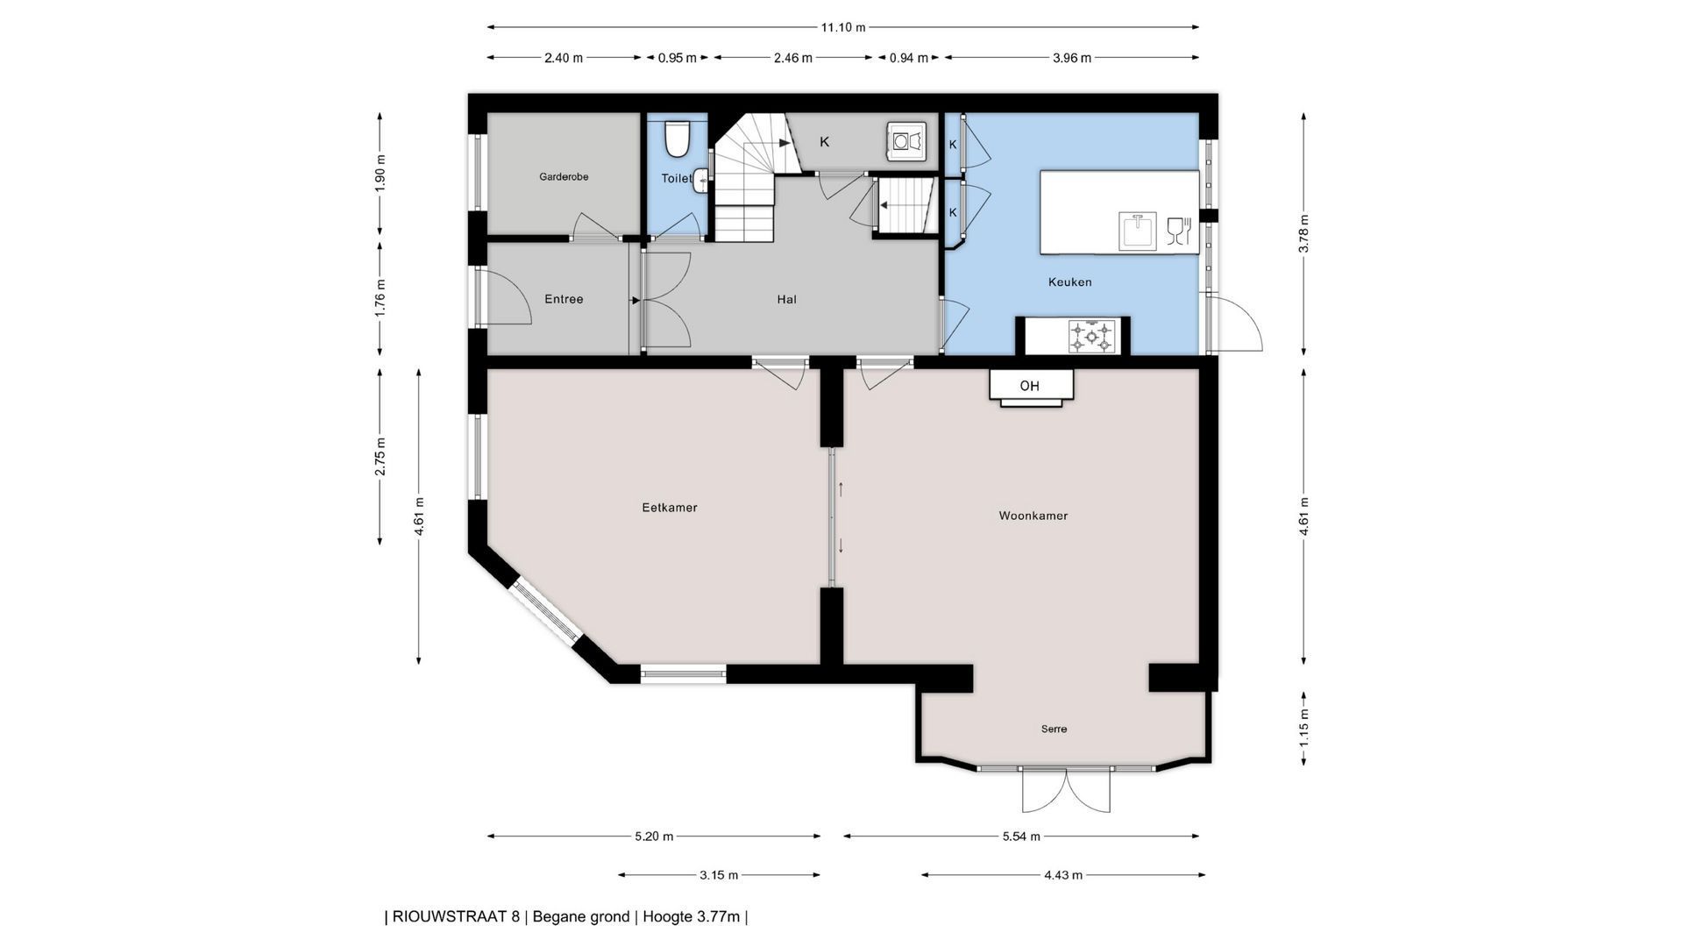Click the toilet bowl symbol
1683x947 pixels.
click(x=678, y=137)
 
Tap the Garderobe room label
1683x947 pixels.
click(x=564, y=177)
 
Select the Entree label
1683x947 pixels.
click(x=564, y=299)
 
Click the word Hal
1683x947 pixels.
click(x=786, y=300)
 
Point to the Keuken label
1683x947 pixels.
click(x=1069, y=282)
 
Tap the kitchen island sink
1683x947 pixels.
click(x=1139, y=231)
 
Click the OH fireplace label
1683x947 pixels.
click(x=1029, y=386)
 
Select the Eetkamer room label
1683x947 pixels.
click(x=670, y=508)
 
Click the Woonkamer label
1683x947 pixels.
click(x=1033, y=516)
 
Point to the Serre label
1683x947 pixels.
click(x=1054, y=729)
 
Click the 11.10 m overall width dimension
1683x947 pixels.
click(x=843, y=27)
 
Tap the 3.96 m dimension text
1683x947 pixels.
click(x=1072, y=58)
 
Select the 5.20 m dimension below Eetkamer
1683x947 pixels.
click(x=654, y=837)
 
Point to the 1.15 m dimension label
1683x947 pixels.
click(x=1304, y=729)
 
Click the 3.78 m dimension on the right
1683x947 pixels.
click(x=1304, y=234)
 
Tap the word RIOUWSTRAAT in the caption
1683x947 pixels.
click(x=449, y=917)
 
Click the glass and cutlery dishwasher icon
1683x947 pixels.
click(x=1179, y=231)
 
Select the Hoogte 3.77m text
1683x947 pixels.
click(x=691, y=917)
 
